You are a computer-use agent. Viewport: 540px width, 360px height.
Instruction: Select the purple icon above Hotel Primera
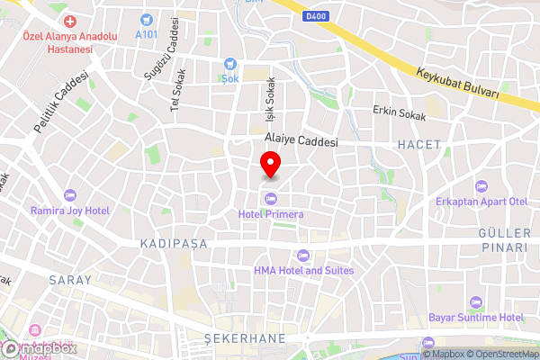pos(271,199)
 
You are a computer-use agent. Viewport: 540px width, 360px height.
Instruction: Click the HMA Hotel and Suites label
pos(303,270)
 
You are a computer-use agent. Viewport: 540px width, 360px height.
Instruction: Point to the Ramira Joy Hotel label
pos(70,211)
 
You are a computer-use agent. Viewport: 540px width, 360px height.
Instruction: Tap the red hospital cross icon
pos(71,20)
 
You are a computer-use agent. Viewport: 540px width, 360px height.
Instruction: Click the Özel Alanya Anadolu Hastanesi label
pos(58,42)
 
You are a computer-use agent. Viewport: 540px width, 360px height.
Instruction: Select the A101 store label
pos(146,33)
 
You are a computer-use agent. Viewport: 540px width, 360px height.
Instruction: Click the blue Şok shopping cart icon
pos(230,64)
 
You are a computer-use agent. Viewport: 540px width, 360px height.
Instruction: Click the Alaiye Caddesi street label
pos(301,142)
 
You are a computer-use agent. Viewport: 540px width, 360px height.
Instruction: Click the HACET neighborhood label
pos(418,144)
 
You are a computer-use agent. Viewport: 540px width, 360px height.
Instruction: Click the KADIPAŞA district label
pos(174,244)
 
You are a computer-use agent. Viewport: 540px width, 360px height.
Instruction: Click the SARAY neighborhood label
pos(70,280)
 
